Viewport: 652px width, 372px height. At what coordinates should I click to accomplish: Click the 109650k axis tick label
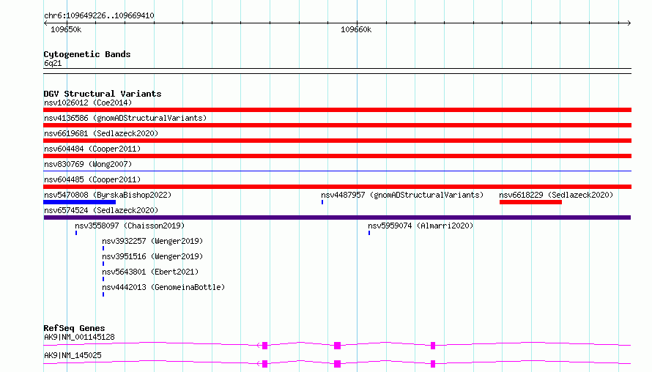coord(66,29)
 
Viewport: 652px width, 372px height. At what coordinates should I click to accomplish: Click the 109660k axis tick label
coord(356,29)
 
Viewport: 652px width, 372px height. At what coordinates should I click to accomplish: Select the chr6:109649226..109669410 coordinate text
coord(99,15)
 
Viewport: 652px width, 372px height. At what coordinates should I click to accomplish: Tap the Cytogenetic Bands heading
coord(87,54)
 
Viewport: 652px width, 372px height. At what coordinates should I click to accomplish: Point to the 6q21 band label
coord(53,63)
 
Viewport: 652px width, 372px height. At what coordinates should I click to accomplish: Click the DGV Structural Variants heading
coord(103,94)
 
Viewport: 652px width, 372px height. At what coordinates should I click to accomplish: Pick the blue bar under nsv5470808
coord(79,202)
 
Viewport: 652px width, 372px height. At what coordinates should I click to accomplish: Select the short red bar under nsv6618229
coord(530,202)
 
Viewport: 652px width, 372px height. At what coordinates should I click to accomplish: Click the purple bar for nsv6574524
coord(337,217)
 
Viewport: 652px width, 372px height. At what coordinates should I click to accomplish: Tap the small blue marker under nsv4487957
coord(322,202)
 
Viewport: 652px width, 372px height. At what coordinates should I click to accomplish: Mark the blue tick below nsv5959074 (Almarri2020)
coord(368,233)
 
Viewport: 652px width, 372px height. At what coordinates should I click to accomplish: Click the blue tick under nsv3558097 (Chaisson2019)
coord(76,233)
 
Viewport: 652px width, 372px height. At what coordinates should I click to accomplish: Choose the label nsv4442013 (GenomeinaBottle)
coord(163,287)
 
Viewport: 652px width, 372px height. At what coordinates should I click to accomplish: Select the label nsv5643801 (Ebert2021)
coord(150,272)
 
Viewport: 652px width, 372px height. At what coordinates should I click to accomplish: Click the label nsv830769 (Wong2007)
coord(88,164)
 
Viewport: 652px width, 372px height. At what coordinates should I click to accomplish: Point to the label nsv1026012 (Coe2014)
coord(88,103)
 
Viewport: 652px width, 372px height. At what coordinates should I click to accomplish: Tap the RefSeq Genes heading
coord(74,328)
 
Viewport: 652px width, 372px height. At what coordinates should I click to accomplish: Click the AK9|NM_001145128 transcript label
coord(79,337)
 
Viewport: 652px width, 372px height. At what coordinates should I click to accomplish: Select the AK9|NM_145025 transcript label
coord(73,355)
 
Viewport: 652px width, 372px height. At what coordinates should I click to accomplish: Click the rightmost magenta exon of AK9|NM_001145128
coord(433,346)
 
